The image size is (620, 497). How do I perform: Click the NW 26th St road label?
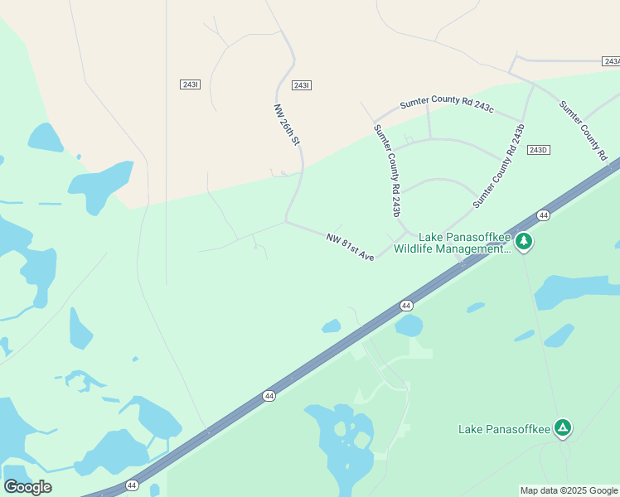286,125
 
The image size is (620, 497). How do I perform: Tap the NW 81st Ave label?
350,247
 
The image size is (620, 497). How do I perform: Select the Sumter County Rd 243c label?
447,104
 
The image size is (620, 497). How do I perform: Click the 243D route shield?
538,150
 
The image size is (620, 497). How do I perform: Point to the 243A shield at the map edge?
612,61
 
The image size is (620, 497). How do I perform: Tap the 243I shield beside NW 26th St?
301,85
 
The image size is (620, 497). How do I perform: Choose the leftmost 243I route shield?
190,84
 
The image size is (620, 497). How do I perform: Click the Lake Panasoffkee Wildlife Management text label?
453,243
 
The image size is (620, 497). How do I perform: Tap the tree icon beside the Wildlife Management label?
523,242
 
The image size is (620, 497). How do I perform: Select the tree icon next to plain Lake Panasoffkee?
563,428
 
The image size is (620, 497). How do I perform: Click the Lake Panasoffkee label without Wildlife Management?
504,429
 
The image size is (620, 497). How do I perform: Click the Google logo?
27,486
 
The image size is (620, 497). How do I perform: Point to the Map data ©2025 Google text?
569,490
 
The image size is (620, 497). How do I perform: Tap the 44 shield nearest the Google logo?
132,485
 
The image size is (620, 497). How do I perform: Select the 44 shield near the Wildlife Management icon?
543,215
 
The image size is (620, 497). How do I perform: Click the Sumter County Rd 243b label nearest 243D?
500,166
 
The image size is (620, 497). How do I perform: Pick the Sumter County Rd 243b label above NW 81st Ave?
387,171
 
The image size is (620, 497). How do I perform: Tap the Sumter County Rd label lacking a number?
584,130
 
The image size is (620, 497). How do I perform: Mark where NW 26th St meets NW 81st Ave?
286,221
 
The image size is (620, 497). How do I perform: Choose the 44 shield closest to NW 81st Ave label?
406,306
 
